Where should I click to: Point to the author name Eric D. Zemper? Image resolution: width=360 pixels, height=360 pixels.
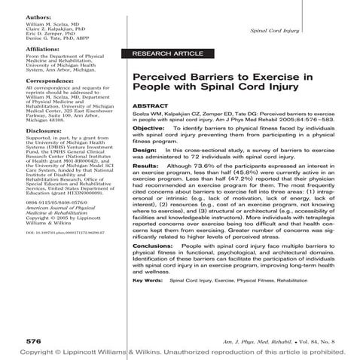click(44, 34)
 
